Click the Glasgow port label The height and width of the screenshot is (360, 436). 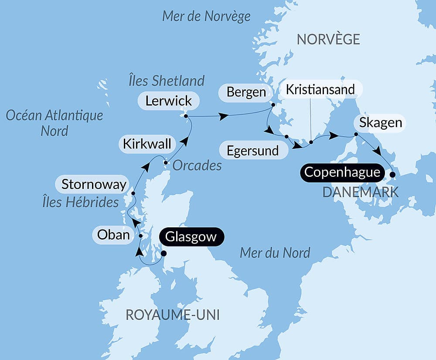191,237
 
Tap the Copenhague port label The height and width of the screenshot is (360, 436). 342,172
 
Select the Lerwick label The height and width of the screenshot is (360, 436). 168,101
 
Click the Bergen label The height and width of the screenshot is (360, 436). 246,92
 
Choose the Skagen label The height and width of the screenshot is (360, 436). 381,123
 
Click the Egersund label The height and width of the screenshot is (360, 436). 253,151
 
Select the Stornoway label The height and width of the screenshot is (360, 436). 93,184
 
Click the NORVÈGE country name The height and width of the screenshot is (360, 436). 328,39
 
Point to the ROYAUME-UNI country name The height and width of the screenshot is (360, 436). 172,315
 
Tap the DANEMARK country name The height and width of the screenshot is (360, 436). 360,192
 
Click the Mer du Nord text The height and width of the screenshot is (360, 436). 275,252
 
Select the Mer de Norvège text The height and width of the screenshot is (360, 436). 206,17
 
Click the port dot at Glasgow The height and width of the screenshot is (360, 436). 164,253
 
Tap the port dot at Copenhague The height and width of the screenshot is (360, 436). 392,175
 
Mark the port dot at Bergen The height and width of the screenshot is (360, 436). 273,105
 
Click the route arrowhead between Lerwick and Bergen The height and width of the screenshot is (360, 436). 224,117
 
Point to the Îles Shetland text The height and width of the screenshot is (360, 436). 166,81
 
